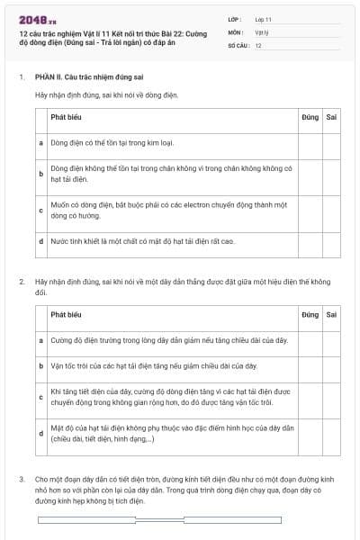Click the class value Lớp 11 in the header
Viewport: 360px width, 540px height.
(263, 19)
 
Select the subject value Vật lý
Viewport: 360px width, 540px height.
(261, 31)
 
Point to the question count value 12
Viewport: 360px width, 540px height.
(258, 44)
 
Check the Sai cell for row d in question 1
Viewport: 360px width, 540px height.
(331, 241)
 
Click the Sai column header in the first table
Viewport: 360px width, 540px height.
(331, 117)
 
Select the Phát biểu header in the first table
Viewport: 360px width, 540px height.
(66, 117)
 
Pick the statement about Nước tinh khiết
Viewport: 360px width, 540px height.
(142, 241)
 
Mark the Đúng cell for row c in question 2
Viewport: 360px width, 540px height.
(310, 397)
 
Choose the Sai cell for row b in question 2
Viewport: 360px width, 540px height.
(331, 366)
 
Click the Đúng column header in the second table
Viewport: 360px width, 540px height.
(310, 315)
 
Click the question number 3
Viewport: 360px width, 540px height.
(22, 480)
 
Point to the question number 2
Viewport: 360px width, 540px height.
(22, 282)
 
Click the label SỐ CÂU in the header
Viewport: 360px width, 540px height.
(237, 44)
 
